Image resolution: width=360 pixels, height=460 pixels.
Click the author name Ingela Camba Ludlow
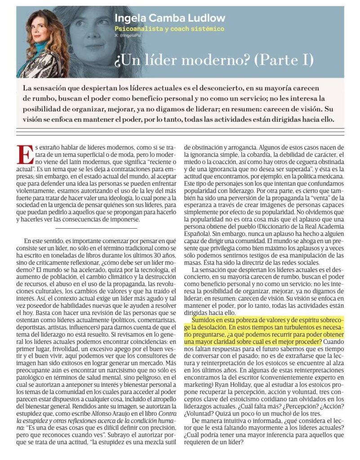169,19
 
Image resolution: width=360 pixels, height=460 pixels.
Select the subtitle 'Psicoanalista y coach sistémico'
169,29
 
